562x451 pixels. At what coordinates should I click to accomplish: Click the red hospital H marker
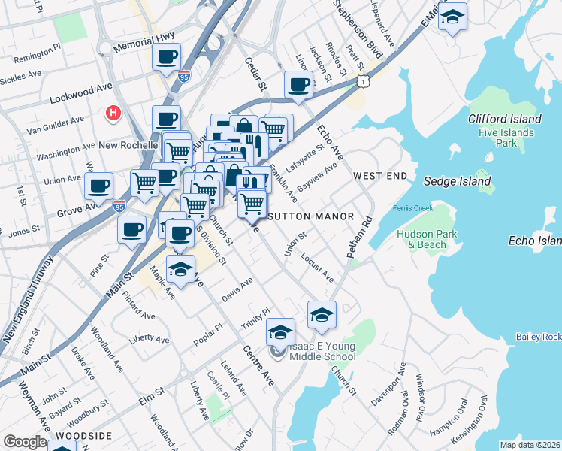(x=113, y=113)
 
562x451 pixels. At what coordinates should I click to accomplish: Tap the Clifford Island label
(x=504, y=119)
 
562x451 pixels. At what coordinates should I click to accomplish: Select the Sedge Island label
(x=457, y=181)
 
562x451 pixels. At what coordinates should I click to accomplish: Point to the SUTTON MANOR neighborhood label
(x=310, y=216)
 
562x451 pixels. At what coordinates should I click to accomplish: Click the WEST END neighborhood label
(x=380, y=176)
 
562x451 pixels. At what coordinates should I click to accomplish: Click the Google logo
(x=25, y=442)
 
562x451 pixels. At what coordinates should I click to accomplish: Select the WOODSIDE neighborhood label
(x=84, y=436)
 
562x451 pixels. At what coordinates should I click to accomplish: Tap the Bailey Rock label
(x=539, y=337)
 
